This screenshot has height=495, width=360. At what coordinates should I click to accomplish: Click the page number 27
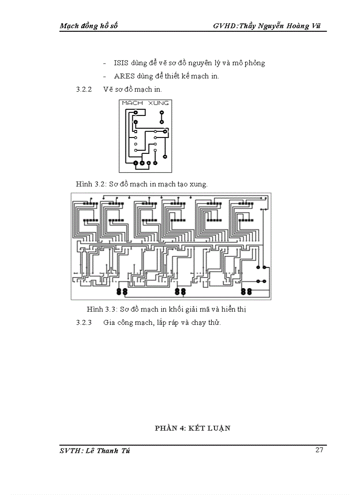coord(319,450)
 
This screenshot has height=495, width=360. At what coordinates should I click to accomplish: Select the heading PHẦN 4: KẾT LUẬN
coord(193,428)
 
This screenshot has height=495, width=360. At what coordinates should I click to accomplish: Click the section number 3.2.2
coord(84,89)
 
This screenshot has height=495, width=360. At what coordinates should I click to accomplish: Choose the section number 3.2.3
coord(84,323)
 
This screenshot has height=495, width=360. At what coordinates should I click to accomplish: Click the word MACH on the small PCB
coord(132,103)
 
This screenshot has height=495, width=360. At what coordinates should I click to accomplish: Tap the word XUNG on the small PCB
coord(159,103)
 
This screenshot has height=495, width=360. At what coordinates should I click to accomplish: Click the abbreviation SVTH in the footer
coord(71,450)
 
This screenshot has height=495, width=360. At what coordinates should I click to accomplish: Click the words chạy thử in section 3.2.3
coord(206,323)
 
